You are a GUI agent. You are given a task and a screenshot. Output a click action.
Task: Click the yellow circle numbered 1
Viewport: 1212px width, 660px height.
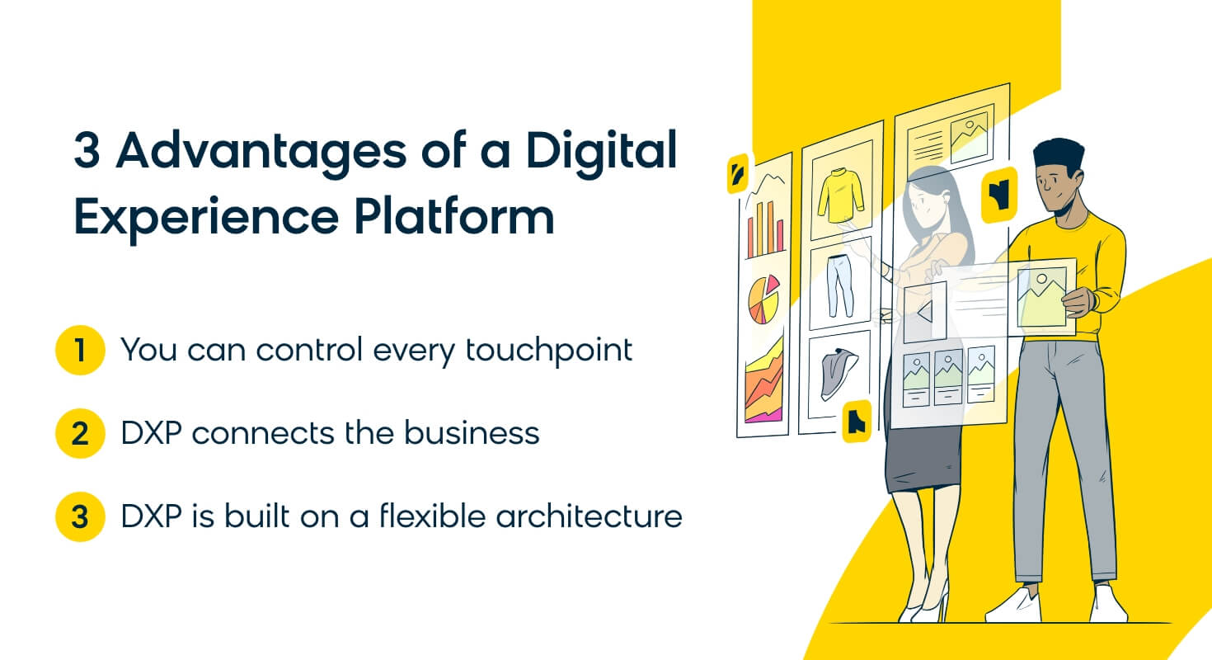pyautogui.click(x=80, y=350)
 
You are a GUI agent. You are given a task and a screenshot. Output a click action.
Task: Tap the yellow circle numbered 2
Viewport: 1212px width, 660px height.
pyautogui.click(x=80, y=433)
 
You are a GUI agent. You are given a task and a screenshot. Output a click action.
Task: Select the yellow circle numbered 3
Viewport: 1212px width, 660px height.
pyautogui.click(x=80, y=516)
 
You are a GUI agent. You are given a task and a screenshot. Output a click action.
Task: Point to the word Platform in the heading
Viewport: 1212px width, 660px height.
pyautogui.click(x=454, y=217)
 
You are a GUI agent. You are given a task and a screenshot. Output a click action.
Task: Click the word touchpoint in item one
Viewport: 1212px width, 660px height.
pyautogui.click(x=548, y=351)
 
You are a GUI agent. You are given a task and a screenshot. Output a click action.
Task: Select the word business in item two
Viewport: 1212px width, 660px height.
pyautogui.click(x=472, y=433)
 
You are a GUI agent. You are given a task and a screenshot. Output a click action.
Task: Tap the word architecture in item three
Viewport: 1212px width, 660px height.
pyautogui.click(x=589, y=516)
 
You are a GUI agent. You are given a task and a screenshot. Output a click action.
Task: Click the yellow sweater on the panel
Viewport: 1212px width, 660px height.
pyautogui.click(x=840, y=195)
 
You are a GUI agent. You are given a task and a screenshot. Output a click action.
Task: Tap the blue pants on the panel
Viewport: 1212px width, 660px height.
pyautogui.click(x=839, y=286)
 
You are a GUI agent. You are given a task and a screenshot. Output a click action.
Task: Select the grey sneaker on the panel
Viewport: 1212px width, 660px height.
pyautogui.click(x=839, y=373)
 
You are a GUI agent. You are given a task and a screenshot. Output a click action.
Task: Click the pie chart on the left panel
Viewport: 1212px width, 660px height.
pyautogui.click(x=763, y=299)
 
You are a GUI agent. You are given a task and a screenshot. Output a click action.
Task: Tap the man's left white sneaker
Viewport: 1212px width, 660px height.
pyautogui.click(x=1012, y=606)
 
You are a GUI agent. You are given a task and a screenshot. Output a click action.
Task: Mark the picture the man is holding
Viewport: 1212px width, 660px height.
pyautogui.click(x=1041, y=298)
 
